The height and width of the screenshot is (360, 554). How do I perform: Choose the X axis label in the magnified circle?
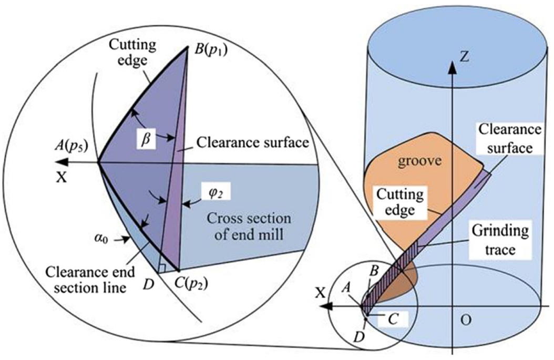[x=63, y=177]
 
